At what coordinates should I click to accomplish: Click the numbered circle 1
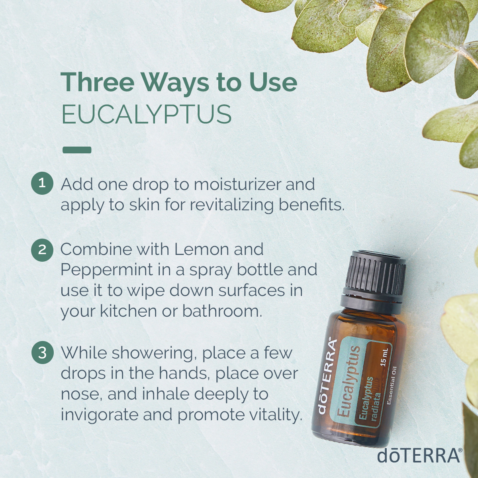(42, 183)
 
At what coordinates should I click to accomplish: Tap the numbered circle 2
(42, 250)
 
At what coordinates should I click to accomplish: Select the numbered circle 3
(42, 353)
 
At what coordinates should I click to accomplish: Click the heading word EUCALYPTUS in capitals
(146, 114)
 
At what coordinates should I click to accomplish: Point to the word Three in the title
(97, 82)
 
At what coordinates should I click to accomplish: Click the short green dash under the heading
(77, 150)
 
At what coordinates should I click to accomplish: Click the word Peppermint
(106, 271)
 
